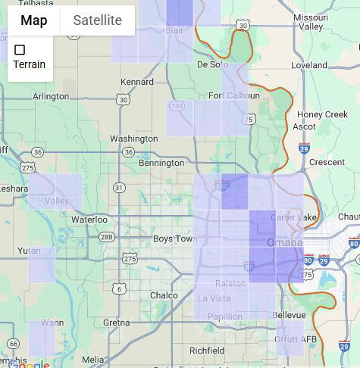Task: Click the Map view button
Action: coord(34,20)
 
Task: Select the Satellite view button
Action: coord(97,20)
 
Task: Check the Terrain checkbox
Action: coord(20,50)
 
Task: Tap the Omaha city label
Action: coord(284,243)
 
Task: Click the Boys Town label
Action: coord(174,239)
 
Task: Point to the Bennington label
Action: coord(161,163)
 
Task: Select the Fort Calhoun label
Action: coord(227,95)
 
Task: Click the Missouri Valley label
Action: coord(311,21)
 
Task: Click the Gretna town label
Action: coord(117,322)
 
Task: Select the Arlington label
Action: coord(51,96)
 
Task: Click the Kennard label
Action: coord(137,81)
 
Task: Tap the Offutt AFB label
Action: coord(296,339)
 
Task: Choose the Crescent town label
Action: coord(327,162)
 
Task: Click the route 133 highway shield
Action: coord(177,107)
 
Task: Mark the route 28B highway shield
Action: coord(107,237)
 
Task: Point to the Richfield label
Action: coord(207,351)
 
